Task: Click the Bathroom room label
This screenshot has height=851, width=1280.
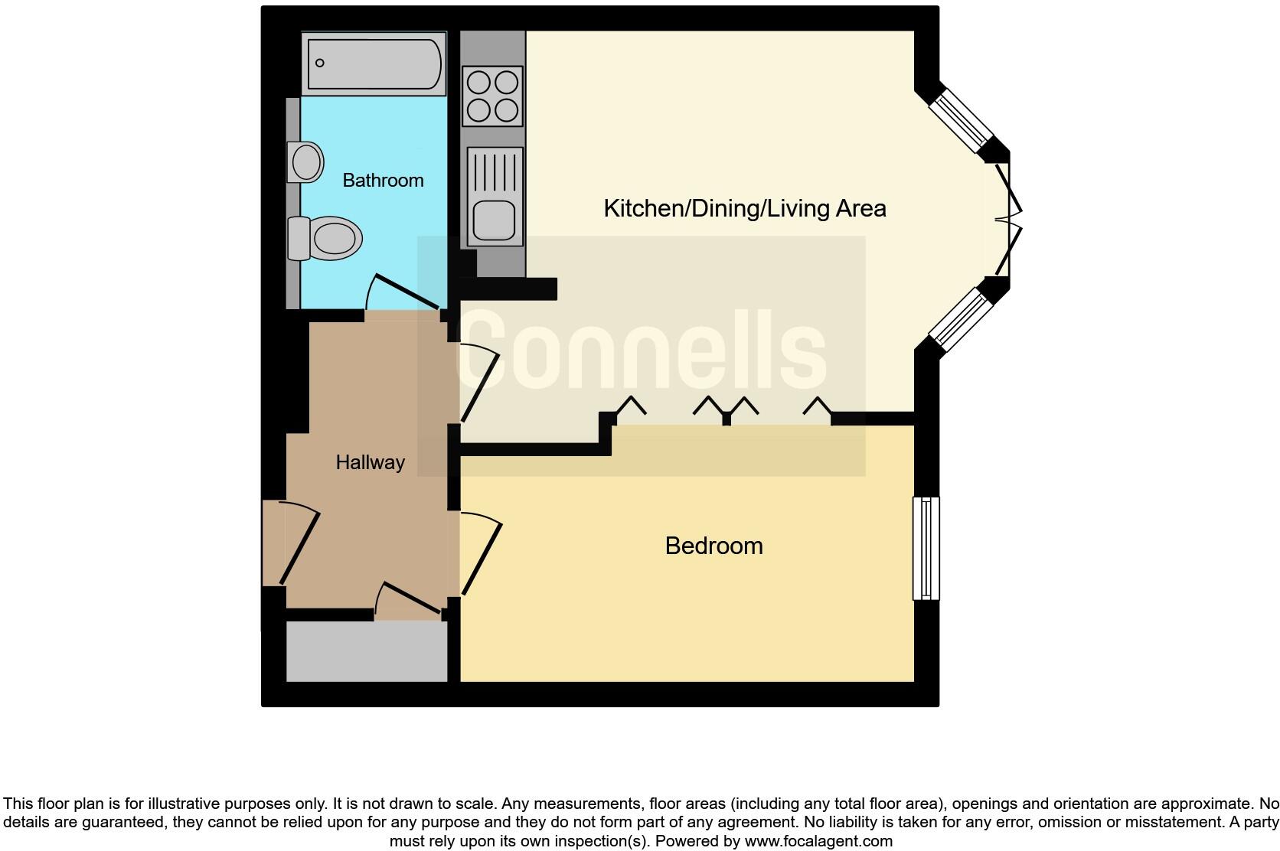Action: [383, 181]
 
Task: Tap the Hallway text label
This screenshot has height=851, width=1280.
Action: [370, 462]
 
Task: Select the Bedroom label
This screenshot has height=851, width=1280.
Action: [713, 546]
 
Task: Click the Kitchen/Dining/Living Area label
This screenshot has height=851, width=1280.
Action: [744, 208]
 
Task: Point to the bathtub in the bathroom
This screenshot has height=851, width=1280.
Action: [374, 63]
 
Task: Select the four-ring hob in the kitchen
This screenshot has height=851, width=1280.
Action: [493, 96]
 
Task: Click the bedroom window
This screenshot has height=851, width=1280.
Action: [926, 548]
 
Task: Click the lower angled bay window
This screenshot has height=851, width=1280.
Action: [960, 320]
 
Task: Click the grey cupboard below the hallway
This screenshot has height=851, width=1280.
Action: [367, 650]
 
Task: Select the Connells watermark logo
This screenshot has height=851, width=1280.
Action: [642, 355]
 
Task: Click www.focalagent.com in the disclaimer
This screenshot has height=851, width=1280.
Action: [818, 841]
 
